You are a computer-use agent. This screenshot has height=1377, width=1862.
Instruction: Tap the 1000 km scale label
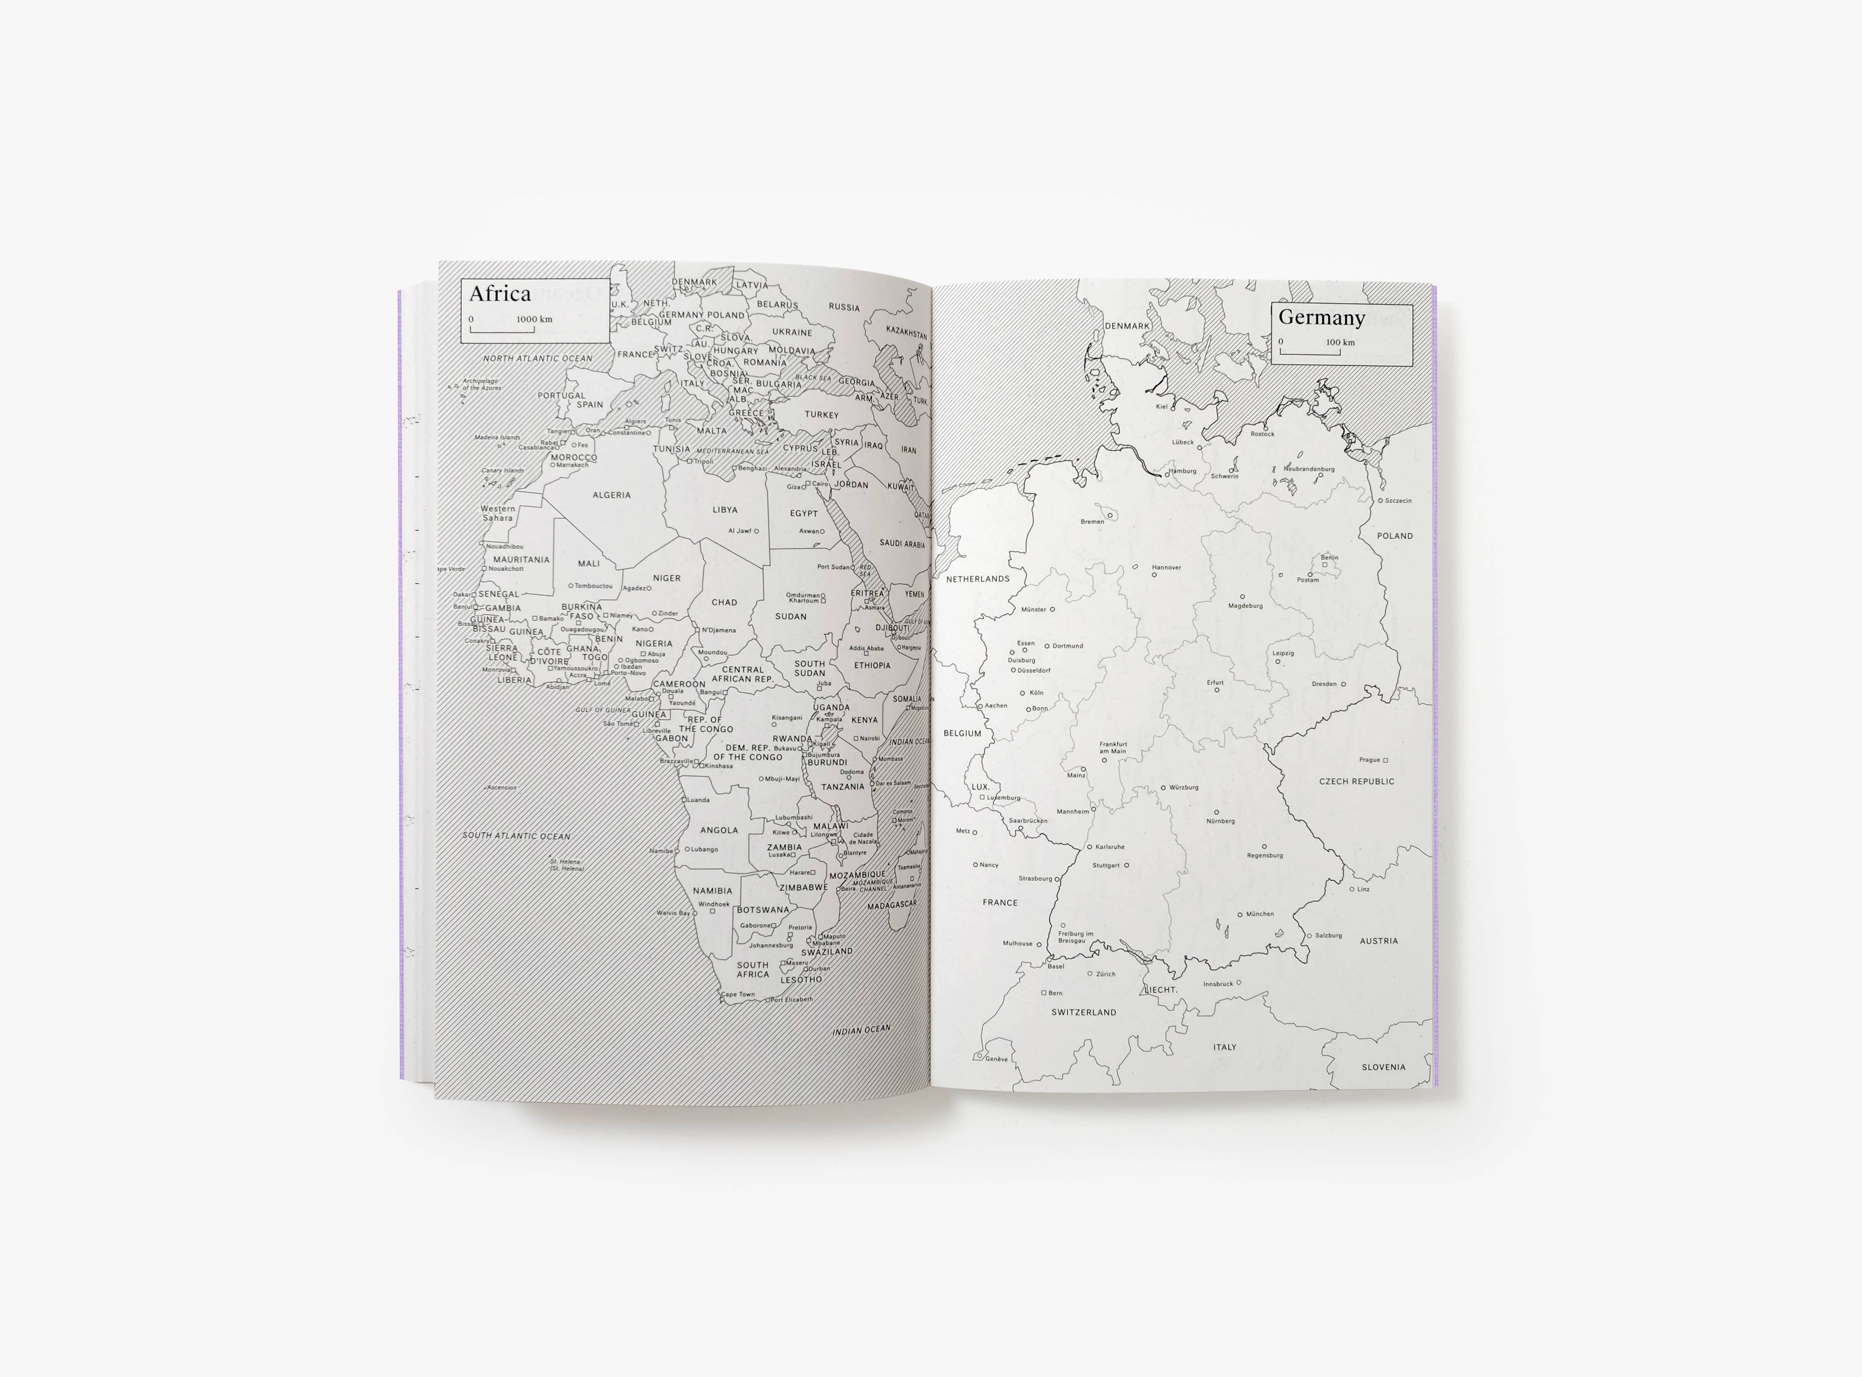pyautogui.click(x=533, y=319)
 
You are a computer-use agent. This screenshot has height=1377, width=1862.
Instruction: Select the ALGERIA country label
pyautogui.click(x=611, y=495)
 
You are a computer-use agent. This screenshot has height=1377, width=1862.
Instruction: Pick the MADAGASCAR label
pyautogui.click(x=891, y=904)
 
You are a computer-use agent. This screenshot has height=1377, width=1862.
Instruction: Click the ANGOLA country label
pyautogui.click(x=719, y=830)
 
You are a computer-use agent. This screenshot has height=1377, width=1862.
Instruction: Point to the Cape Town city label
pyautogui.click(x=738, y=994)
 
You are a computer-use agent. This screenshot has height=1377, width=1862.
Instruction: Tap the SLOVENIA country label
pyautogui.click(x=1383, y=1067)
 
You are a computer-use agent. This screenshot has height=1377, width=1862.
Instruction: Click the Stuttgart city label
pyautogui.click(x=1106, y=865)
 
